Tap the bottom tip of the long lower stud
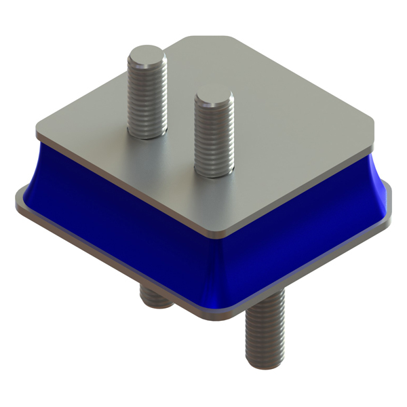[x=263, y=365]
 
